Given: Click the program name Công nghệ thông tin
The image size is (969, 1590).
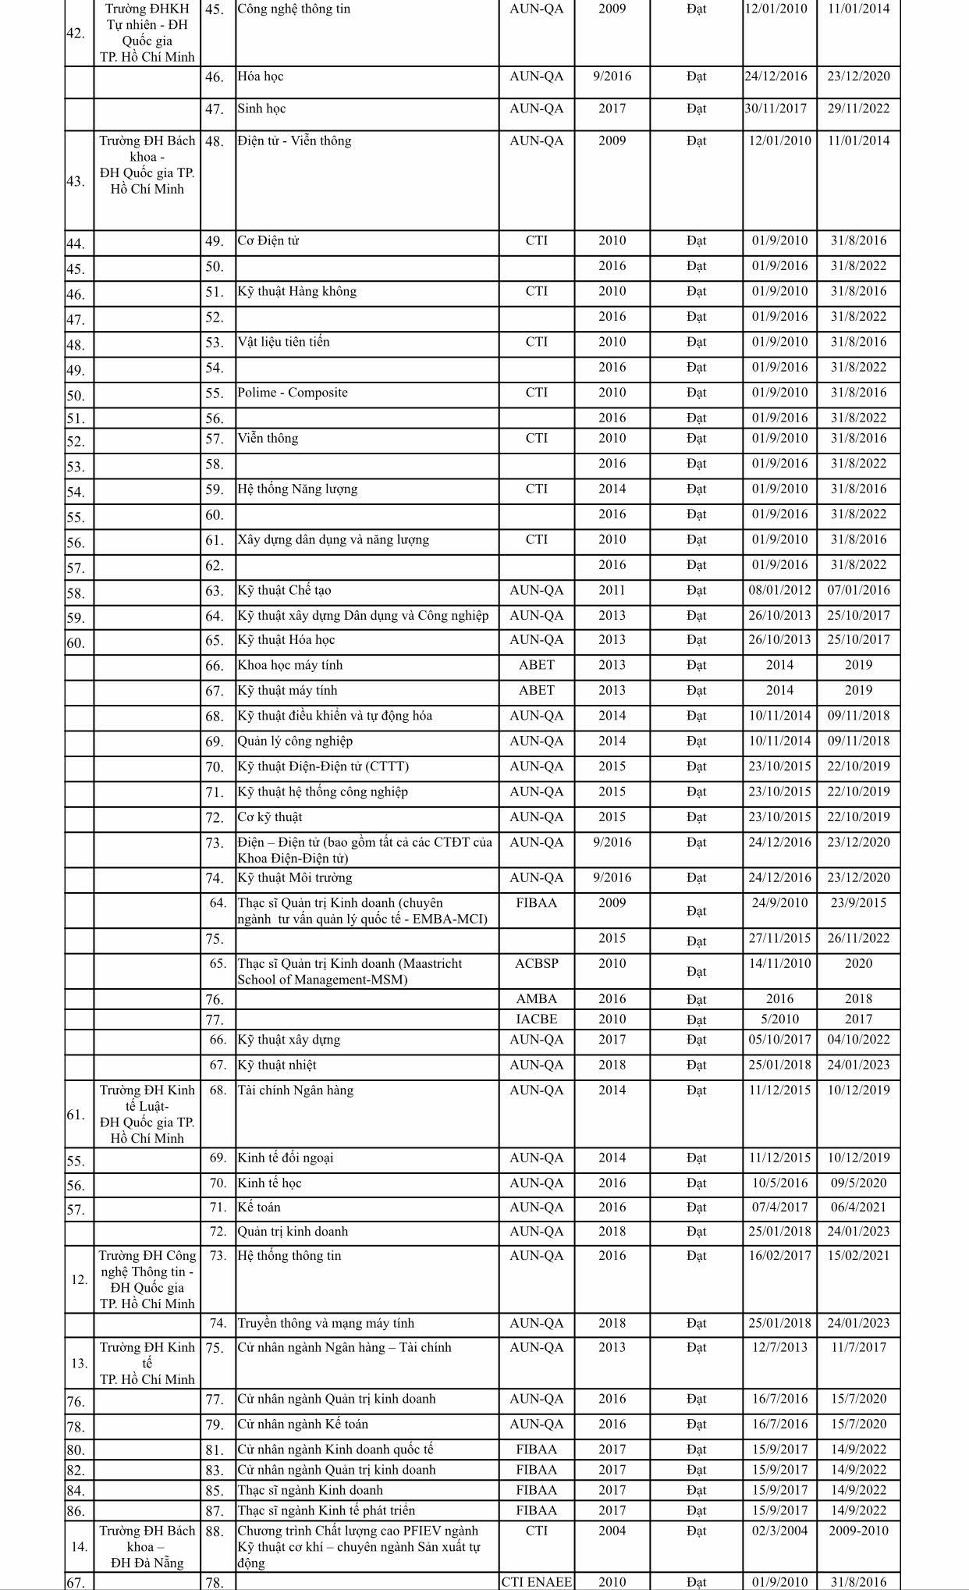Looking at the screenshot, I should (x=294, y=9).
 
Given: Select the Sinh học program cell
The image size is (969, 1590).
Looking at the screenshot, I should (x=261, y=108).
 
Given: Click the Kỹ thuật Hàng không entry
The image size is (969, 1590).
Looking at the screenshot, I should (x=296, y=292).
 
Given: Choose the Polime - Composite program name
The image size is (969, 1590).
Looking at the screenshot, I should (x=293, y=393).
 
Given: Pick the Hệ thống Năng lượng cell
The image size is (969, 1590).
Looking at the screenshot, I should (x=297, y=489).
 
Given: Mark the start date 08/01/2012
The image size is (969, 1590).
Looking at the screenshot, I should (x=779, y=591).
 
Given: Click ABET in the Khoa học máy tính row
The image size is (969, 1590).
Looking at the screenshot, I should (x=536, y=666).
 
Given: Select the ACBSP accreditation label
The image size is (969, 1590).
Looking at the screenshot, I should (x=536, y=964).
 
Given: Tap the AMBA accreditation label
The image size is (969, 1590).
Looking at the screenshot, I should (x=536, y=999).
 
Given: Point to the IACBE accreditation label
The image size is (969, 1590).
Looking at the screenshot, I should (x=536, y=1019).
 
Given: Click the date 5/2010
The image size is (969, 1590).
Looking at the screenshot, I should (x=779, y=1019).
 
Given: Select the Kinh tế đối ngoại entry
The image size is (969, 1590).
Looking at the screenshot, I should (x=285, y=1158).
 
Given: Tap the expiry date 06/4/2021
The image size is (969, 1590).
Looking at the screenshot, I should (x=858, y=1208).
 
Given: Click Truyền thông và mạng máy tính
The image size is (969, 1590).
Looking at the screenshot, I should (x=325, y=1324).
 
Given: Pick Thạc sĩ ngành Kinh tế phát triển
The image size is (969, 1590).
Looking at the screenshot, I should (x=326, y=1511).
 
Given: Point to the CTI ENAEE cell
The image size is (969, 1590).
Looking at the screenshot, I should (x=536, y=1582).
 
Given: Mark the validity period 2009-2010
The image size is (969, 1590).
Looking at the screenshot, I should (x=858, y=1531).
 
